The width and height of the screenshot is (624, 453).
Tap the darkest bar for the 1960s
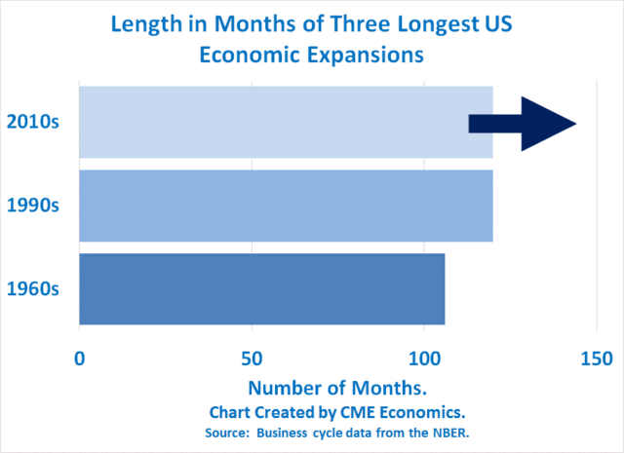pyautogui.click(x=261, y=288)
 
